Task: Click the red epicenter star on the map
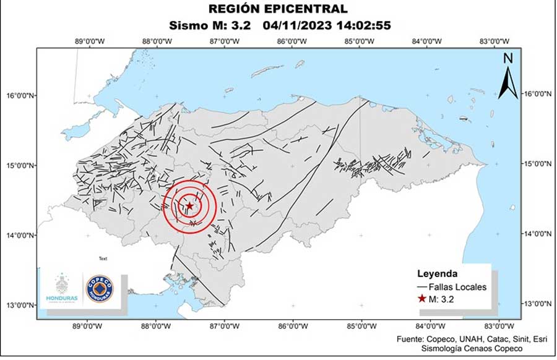[x=189, y=206]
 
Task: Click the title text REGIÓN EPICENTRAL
[x=278, y=9]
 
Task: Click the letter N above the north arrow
[x=508, y=59]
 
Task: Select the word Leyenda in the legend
[x=438, y=273]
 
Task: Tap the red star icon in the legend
[x=422, y=299]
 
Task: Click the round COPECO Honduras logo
[x=99, y=289]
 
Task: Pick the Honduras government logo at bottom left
[x=62, y=288]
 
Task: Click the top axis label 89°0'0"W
[x=89, y=41]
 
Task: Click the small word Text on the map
[x=103, y=259]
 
